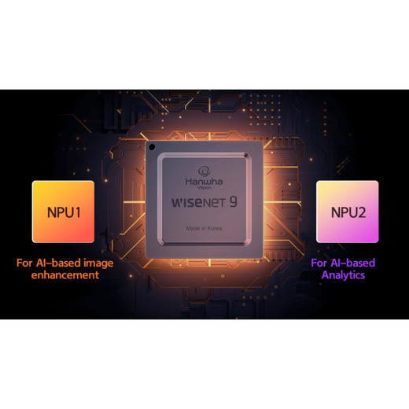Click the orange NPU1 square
pyautogui.click(x=63, y=212)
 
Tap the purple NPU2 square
pyautogui.click(x=348, y=212)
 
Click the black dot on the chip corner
pyautogui.click(x=152, y=147)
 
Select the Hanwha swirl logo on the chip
pyautogui.click(x=204, y=171)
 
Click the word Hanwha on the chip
pyautogui.click(x=204, y=182)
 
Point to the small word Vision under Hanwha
pyautogui.click(x=204, y=187)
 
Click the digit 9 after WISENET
pyautogui.click(x=233, y=202)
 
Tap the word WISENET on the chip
pyautogui.click(x=198, y=202)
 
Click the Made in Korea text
pyautogui.click(x=204, y=228)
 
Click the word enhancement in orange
pyautogui.click(x=65, y=275)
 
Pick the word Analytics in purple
pyautogui.click(x=343, y=275)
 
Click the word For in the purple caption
pyautogui.click(x=319, y=263)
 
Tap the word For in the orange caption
pyautogui.click(x=24, y=263)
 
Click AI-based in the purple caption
pyautogui.click(x=353, y=263)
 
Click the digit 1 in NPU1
pyautogui.click(x=77, y=212)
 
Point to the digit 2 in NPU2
pyautogui.click(x=362, y=212)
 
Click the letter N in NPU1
pyautogui.click(x=52, y=212)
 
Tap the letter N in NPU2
pyautogui.click(x=336, y=212)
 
